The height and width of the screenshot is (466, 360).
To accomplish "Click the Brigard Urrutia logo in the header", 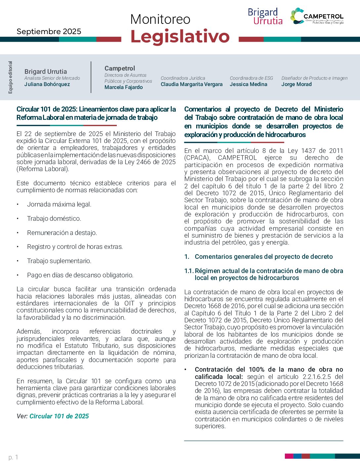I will click(265, 17).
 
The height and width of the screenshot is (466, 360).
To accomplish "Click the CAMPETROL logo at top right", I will click(317, 16).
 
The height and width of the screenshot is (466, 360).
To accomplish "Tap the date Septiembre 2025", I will click(49, 31).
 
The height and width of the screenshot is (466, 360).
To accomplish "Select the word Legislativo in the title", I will click(180, 36).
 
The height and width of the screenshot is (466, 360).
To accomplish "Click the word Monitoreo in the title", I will click(160, 20).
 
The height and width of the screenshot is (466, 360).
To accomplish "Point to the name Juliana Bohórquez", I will click(47, 84).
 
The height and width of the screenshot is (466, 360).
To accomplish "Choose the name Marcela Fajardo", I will click(123, 87).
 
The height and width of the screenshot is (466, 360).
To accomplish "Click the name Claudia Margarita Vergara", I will click(192, 84).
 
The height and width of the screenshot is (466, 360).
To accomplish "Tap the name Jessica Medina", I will click(248, 84).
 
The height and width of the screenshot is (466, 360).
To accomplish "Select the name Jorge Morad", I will click(296, 84).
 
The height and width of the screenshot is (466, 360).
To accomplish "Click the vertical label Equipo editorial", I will click(10, 77).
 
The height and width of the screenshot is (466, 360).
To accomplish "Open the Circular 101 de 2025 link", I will click(59, 416).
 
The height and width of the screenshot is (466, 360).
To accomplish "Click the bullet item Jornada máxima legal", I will click(59, 205).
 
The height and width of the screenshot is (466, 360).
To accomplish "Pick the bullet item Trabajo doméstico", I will click(54, 219).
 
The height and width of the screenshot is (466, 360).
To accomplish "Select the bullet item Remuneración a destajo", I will click(62, 233).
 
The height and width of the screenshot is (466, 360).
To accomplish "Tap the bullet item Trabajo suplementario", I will click(59, 261).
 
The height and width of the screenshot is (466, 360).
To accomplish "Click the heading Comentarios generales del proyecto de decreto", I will click(263, 257).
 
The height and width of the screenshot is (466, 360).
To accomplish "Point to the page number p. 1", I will click(13, 457).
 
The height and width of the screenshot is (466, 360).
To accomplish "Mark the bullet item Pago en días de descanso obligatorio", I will click(80, 275).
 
